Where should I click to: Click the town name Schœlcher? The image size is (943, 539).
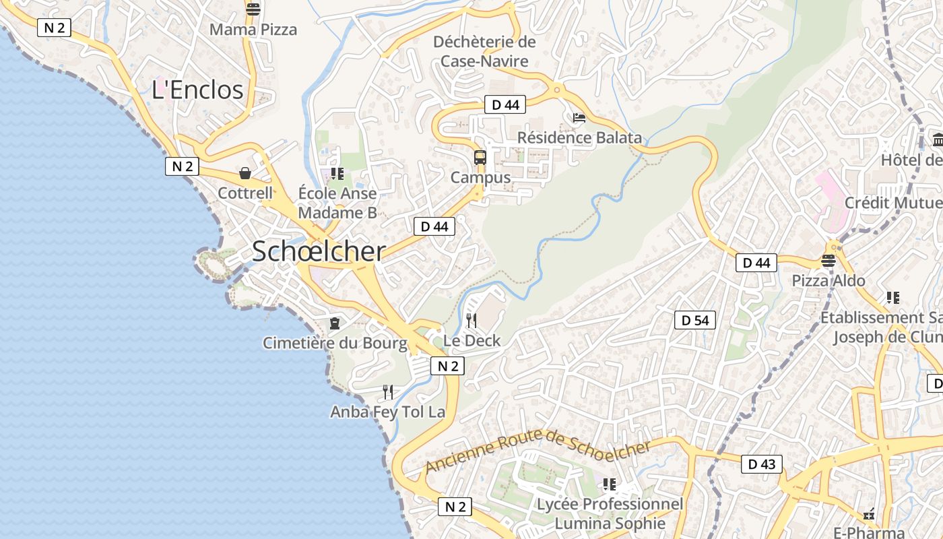coord(319,251)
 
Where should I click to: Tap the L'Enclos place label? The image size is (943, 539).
coord(197,90)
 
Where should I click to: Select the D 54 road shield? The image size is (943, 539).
coord(695,321)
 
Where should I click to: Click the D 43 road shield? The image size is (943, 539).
coord(762,464)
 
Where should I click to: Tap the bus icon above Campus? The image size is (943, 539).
coord(480,158)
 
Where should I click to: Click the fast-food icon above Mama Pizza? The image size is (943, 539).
coord(253,9)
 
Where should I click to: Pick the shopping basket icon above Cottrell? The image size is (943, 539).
coord(245,174)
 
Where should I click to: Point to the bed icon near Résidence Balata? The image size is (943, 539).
coord(579,118)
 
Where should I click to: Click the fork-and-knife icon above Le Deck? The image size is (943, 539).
coord(471,321)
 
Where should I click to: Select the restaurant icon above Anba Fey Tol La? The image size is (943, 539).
coord(388,392)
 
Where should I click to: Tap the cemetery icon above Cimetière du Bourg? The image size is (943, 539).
coord(334,323)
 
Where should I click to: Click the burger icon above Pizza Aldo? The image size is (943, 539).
coord(828,261)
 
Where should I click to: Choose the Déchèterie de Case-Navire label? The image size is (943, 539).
coord(484,51)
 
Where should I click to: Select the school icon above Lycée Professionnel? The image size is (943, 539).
coord(610,484)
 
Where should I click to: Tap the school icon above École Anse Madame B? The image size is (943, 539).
coord(337,174)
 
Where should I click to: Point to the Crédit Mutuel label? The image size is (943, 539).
coord(893,203)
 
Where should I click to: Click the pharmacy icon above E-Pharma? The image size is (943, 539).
coord(869,515)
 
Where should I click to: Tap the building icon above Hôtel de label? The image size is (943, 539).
coord(938,140)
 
